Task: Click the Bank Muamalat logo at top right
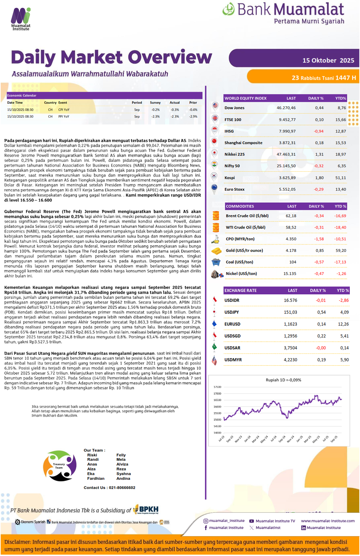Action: point(284,13)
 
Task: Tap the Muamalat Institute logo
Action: point(21,19)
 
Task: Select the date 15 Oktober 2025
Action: point(328,60)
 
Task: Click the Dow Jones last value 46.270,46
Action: point(286,108)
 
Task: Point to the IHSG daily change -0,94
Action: point(319,131)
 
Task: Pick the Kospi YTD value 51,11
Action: point(340,178)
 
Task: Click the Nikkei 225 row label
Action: point(235,154)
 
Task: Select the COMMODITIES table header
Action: point(240,206)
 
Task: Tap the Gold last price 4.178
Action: point(291,251)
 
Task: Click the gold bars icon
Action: point(217,251)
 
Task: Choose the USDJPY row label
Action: point(232,312)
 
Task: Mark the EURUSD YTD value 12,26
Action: point(343,324)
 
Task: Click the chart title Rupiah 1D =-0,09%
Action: point(283,380)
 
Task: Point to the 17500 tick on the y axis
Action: point(217,387)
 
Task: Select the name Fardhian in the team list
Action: point(96,478)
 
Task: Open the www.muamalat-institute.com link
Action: point(328,521)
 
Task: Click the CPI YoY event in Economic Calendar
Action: point(64,110)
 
